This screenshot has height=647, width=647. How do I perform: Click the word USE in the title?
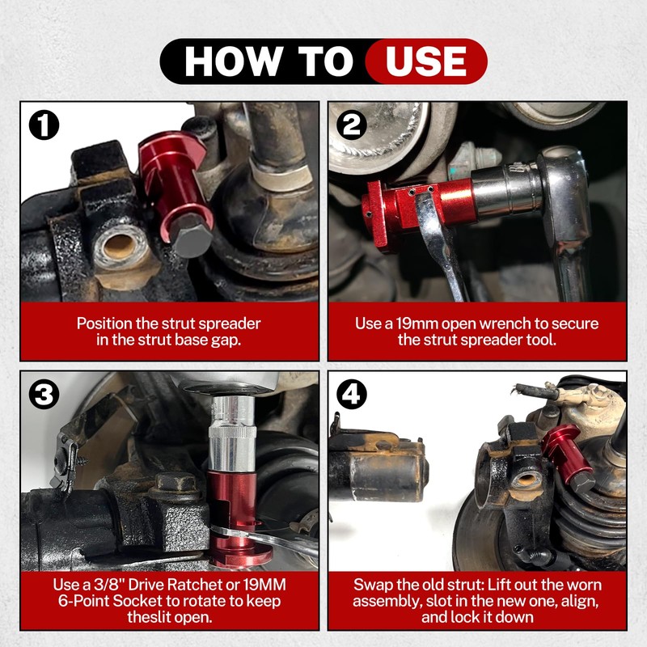click(x=426, y=61)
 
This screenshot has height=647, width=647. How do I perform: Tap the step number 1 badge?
click(x=44, y=125)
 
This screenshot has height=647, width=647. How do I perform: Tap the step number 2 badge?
click(x=352, y=125)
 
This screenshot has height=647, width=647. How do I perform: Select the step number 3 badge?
click(x=44, y=394)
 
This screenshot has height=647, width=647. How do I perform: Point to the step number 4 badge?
click(x=352, y=394)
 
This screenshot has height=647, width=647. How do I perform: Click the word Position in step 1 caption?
click(x=105, y=323)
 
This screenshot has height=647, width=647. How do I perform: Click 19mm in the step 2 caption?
click(x=417, y=323)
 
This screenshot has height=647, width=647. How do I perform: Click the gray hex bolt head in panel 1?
click(x=192, y=239)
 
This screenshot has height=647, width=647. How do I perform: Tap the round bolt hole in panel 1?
click(x=121, y=247)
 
